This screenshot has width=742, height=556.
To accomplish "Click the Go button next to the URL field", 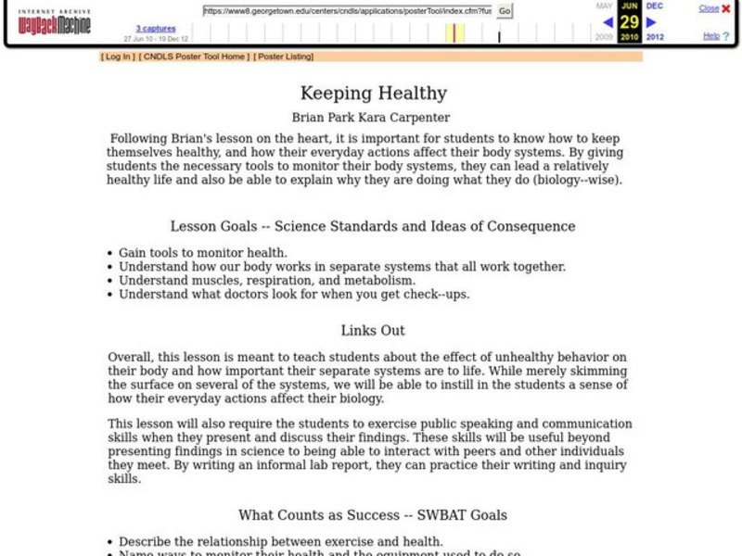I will (x=505, y=11).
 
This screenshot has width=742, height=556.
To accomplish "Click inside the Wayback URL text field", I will (x=347, y=11).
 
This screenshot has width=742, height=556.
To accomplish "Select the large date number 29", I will (x=629, y=21).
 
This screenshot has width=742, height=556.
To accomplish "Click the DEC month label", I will (x=654, y=6).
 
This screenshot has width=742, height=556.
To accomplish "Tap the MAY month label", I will (x=604, y=6).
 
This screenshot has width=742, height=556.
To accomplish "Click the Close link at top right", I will (x=709, y=8).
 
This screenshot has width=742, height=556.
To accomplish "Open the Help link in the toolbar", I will (x=710, y=36).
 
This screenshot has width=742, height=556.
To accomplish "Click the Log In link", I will (x=118, y=57).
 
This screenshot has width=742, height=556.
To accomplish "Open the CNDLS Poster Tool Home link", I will (x=194, y=57).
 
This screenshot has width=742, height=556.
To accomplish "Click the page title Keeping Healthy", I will (x=373, y=94).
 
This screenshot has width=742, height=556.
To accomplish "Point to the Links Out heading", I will (x=372, y=330).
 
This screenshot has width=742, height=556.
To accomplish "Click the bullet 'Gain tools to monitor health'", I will (x=202, y=252).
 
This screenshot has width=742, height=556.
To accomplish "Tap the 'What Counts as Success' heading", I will (x=372, y=514).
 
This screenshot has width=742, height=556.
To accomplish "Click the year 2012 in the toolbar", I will (x=654, y=37).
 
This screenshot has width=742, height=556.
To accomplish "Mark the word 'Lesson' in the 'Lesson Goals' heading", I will (x=193, y=226).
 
